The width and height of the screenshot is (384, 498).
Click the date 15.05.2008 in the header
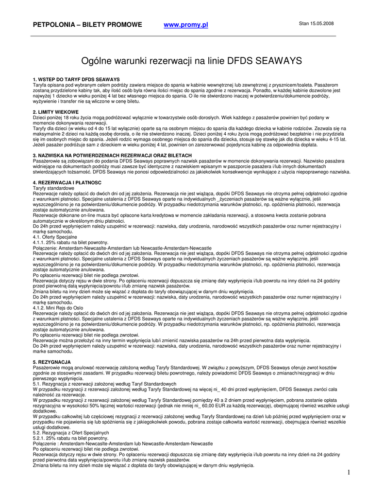[x=322, y=23]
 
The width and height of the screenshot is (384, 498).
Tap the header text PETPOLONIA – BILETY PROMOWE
[x=87, y=25]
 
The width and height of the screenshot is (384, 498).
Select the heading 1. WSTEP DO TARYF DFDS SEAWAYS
[x=76, y=79]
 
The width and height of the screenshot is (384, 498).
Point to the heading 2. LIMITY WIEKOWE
[x=55, y=112]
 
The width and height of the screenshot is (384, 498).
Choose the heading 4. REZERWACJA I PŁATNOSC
[x=67, y=182]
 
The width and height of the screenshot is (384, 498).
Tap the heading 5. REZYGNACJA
[x=51, y=362]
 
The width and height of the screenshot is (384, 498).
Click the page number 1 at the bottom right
[x=349, y=472]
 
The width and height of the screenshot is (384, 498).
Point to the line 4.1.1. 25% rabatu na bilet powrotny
[x=70, y=242]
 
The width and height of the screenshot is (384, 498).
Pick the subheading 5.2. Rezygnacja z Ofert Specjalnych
[x=71, y=432]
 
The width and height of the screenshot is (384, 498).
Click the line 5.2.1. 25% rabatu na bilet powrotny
[x=70, y=438]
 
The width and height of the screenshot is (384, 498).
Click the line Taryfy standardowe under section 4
[x=53, y=188]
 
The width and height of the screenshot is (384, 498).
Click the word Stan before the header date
[x=304, y=23]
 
